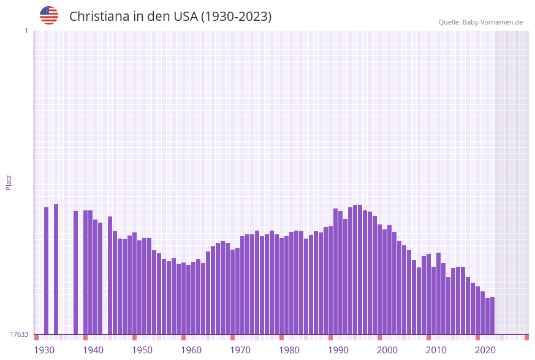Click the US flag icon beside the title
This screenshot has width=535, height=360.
49,15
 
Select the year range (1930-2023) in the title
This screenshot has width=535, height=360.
236,17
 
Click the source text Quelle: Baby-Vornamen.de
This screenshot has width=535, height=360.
480,22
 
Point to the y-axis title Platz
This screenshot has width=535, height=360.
9,182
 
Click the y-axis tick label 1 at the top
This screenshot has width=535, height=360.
26,31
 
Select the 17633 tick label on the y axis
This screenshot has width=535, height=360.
19,334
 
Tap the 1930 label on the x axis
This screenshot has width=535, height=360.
44,350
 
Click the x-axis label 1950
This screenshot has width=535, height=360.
142,350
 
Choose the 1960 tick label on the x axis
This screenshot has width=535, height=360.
191,350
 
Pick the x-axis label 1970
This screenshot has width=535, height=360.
240,350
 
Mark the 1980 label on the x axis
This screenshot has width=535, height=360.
289,350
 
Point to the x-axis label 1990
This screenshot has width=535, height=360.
338,350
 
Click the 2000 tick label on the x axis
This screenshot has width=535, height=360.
387,350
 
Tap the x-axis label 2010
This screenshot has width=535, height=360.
436,350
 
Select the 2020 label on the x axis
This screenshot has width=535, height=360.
485,350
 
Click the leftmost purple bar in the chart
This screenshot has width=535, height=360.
46,270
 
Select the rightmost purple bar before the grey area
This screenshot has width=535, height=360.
492,315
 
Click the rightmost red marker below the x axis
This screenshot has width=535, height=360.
526,337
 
